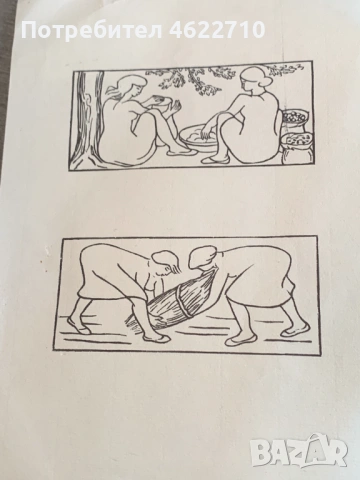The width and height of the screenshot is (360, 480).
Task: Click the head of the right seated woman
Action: (x=253, y=80)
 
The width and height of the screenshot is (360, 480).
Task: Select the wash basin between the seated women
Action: (x=197, y=138)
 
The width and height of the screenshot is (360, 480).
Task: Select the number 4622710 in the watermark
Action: (x=217, y=30)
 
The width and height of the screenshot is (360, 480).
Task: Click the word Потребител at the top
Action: (x=92, y=30)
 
